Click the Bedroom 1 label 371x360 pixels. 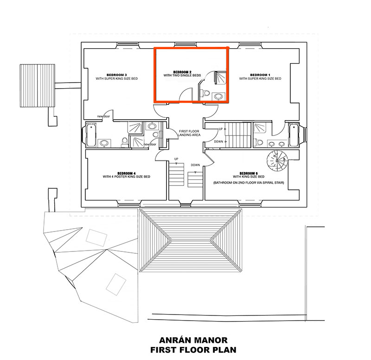pos(260,75)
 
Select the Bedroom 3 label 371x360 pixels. pos(116,75)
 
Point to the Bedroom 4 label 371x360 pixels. pos(126,173)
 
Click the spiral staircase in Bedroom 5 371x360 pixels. pos(276,163)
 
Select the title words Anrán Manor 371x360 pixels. pos(185,340)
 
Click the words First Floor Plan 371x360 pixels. pos(185,350)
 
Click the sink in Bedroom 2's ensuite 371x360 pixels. pos(218,96)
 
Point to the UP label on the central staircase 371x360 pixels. pos(176,159)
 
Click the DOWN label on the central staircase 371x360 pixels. pos(195,165)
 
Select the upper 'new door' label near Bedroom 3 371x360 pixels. pos(103,116)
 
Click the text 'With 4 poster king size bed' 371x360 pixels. pos(126,177)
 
